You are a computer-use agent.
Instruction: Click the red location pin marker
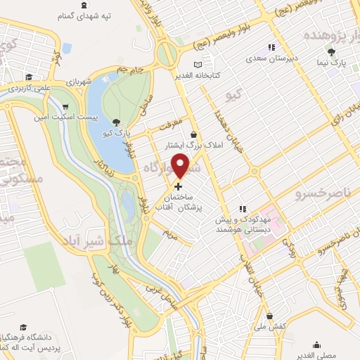[181, 165]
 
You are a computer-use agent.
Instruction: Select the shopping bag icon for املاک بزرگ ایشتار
[193, 134]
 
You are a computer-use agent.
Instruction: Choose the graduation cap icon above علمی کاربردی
[28, 78]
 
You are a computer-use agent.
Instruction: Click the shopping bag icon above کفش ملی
[270, 317]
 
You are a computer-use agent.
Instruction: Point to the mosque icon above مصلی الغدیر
[317, 345]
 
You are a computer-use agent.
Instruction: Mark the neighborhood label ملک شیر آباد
[113, 241]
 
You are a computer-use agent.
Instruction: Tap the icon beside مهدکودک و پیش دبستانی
[242, 208]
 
